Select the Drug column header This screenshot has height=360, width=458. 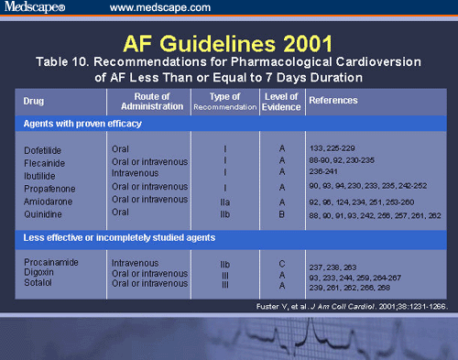pyautogui.click(x=34, y=101)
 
